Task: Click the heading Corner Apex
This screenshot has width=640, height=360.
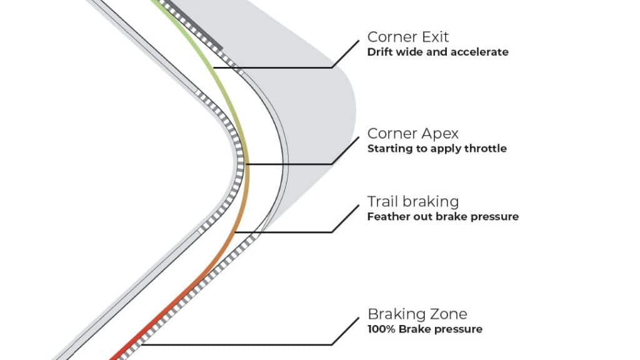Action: click(413, 133)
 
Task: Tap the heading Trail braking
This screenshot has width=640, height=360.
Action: click(413, 201)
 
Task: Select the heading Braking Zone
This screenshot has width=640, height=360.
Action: click(417, 314)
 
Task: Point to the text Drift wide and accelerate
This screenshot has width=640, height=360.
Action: click(437, 52)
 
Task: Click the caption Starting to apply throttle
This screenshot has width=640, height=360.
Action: click(437, 149)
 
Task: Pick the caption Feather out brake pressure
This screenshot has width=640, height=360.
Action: click(442, 217)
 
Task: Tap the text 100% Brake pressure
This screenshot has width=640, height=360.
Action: click(424, 329)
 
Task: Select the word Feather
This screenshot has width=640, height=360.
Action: click(387, 217)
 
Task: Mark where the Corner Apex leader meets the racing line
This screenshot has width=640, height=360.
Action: click(247, 164)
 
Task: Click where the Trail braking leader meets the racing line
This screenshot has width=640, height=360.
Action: click(236, 232)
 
